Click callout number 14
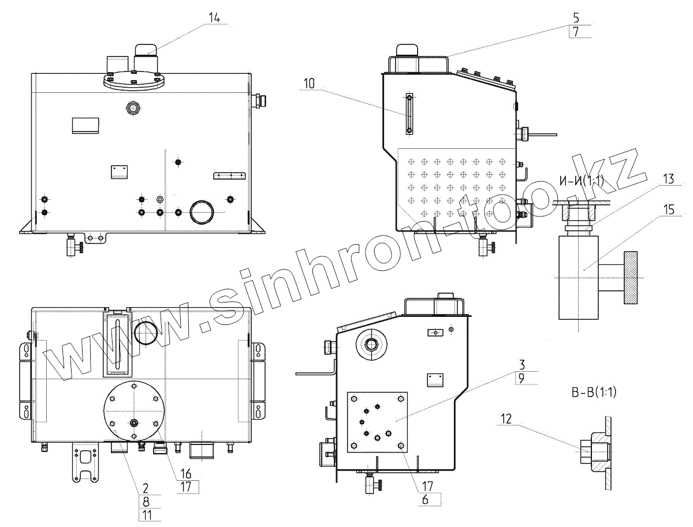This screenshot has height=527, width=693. tap(214, 18)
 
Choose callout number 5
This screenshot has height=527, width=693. tap(576, 18)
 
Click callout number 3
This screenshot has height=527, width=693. tap(521, 364)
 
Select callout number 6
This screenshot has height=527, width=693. tap(425, 500)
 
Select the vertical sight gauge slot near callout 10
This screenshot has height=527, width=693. tap(408, 114)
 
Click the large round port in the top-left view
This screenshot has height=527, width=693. tap(202, 212)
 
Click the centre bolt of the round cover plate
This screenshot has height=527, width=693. tap(134, 423)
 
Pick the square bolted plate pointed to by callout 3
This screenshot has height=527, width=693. tap(377, 422)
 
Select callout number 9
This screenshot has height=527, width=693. tap(521, 379)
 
